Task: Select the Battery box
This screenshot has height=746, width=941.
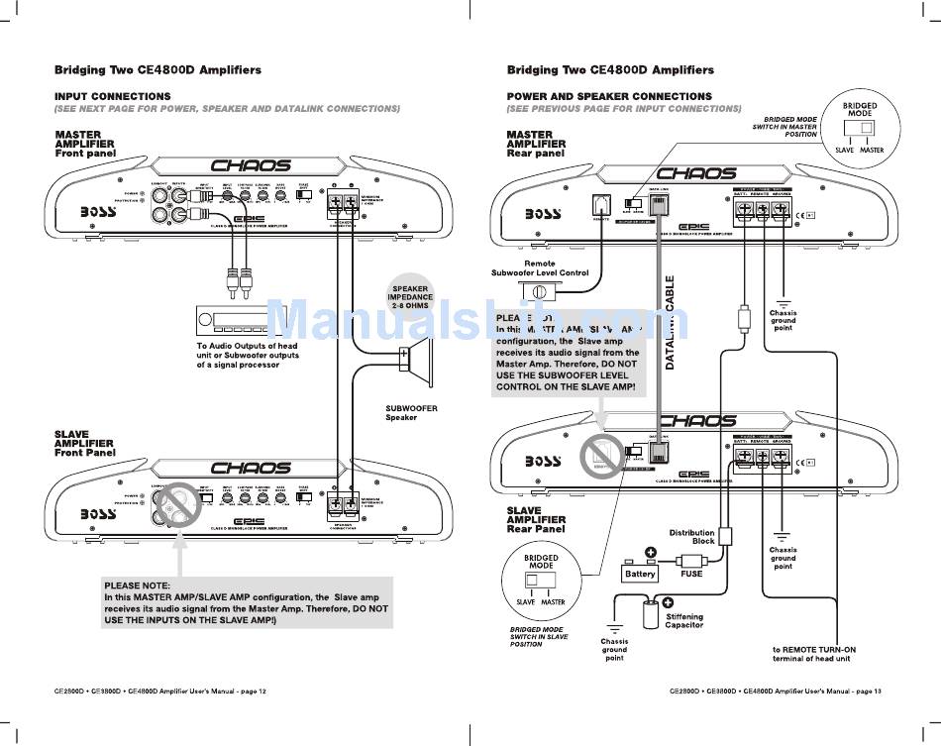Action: point(640,573)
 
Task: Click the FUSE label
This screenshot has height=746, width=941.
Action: point(690,573)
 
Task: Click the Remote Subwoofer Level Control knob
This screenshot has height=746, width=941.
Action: point(541,292)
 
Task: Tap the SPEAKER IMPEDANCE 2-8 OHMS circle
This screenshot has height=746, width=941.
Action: point(409,297)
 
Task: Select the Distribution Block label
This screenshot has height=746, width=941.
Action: point(691,537)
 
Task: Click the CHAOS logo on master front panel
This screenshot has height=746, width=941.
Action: point(250,165)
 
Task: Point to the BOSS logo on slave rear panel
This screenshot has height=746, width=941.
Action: point(543,462)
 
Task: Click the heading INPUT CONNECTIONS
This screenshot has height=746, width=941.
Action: point(112,96)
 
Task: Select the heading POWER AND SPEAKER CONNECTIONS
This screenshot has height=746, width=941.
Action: point(609,96)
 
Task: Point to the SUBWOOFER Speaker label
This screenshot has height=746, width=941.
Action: point(411,412)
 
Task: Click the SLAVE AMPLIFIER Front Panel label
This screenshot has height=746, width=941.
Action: point(85,443)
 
